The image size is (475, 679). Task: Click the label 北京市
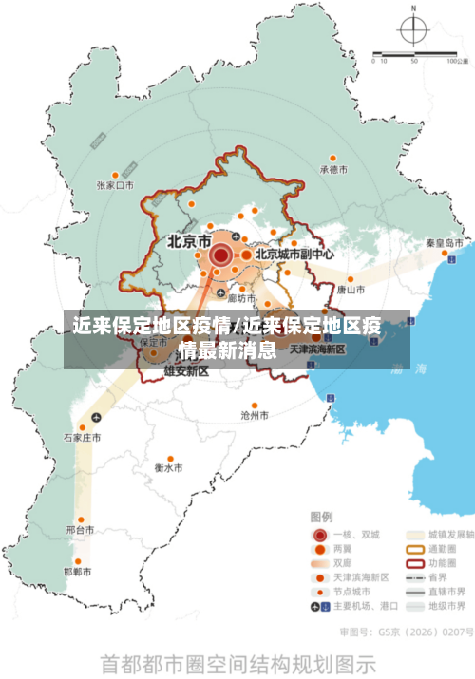coord(189,242)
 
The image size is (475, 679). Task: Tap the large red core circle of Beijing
coord(220,255)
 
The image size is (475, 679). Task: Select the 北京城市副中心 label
coord(294,255)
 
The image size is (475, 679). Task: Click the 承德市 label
coord(333,170)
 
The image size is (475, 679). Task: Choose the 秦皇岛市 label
coord(444,243)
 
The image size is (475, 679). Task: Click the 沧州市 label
coord(255,415)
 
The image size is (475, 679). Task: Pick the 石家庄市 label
coord(83,438)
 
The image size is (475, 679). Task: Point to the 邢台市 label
coord(81,529)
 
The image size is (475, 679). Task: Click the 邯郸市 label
coord(78,572)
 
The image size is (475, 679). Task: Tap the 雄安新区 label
coord(186,371)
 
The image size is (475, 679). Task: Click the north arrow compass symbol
coord(413,30)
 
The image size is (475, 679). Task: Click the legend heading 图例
coord(321,517)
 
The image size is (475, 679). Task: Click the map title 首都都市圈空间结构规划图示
coord(237,661)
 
